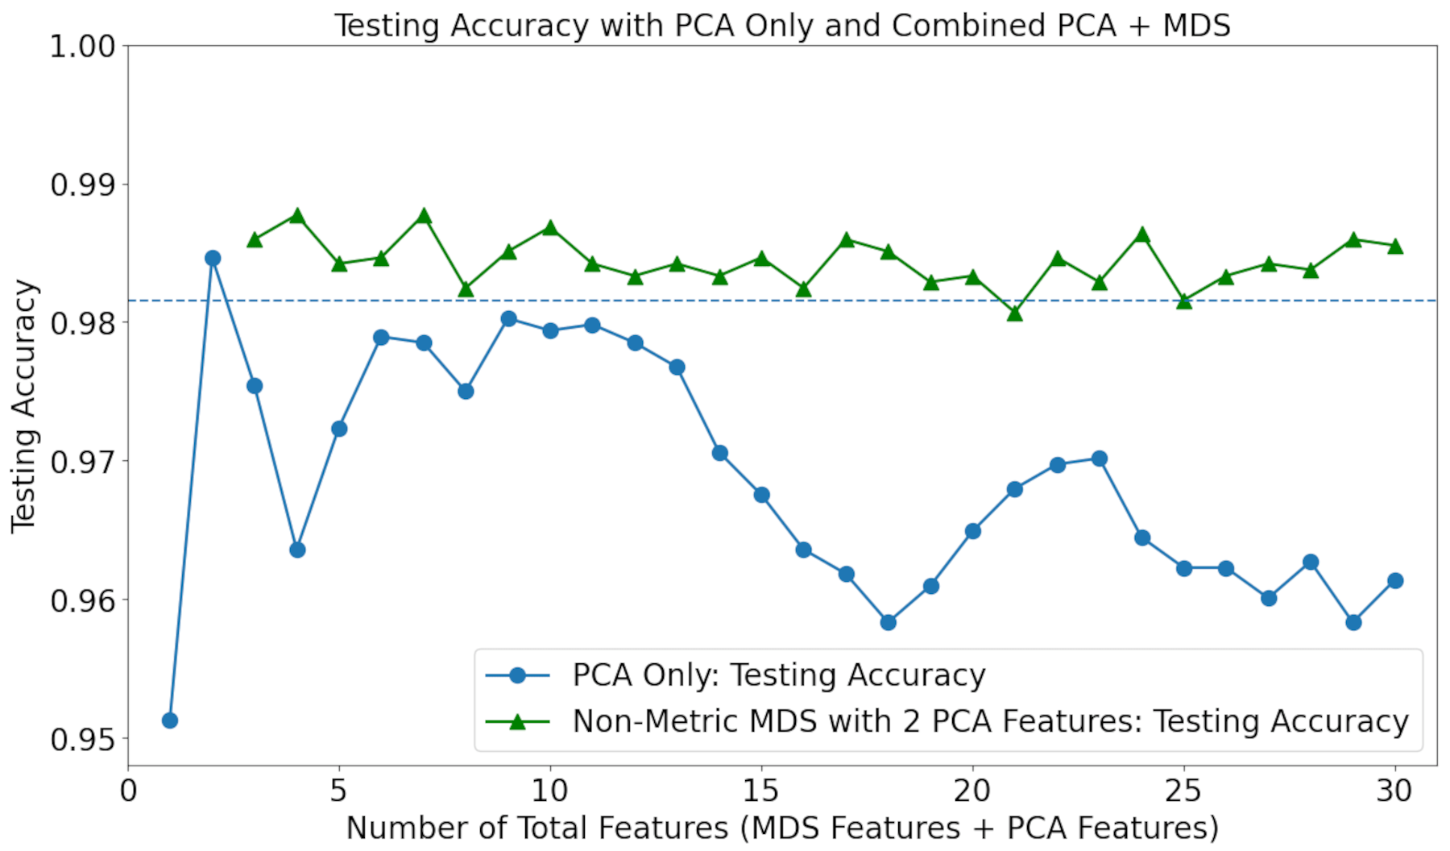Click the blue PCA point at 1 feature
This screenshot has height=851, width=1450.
(170, 720)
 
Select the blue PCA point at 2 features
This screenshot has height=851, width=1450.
(213, 258)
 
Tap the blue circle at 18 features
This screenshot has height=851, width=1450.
(889, 622)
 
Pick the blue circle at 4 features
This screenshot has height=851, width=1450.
(297, 550)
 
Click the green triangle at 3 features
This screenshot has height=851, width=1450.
(255, 240)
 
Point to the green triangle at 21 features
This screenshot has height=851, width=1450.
(1015, 313)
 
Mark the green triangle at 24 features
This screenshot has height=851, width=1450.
(1141, 235)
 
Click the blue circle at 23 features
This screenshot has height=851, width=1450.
(1100, 459)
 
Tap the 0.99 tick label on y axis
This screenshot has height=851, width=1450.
(83, 185)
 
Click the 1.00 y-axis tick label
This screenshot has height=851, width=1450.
(83, 47)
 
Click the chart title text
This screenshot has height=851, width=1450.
(782, 26)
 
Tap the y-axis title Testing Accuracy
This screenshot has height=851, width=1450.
(24, 405)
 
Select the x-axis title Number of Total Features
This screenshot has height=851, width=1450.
(782, 828)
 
